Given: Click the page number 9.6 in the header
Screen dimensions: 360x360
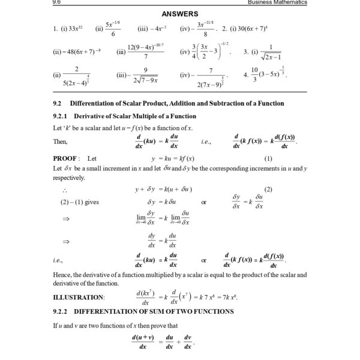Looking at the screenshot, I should coord(58,2).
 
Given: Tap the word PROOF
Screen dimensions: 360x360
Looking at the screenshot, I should coord(65,158).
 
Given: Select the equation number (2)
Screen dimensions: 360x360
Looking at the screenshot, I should coord(268,189).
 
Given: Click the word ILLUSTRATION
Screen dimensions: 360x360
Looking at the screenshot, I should coord(79,297).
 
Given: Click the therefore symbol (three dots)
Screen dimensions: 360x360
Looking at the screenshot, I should coord(65,190).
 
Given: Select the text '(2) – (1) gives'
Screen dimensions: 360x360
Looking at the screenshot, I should coord(80,202).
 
